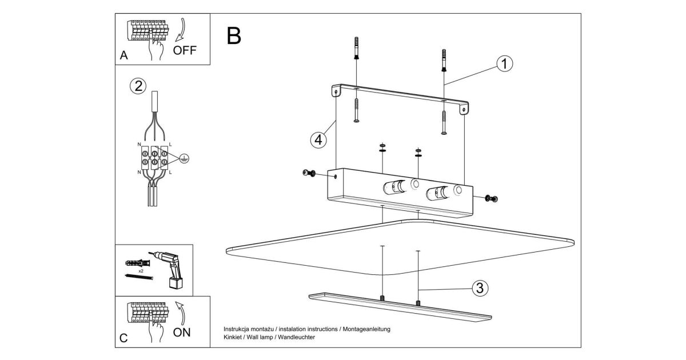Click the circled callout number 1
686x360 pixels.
coord(504,63)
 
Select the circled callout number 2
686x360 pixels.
coord(138,86)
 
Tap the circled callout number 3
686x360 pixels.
coord(480,288)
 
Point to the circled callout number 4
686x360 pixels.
coord(318,139)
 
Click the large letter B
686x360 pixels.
coord(234,35)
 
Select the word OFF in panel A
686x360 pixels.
coord(185,50)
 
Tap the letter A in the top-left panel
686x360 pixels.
coord(124,56)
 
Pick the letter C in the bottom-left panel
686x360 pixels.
coord(124,338)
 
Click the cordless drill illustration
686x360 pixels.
coord(170,269)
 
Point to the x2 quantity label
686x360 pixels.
coord(141,270)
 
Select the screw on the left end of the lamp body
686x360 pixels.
coord(310,173)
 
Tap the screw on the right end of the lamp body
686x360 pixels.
coord(491,198)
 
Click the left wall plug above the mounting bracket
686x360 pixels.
coord(357,47)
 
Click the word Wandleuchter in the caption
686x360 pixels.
coord(297,337)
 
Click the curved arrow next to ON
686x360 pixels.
coord(182,311)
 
